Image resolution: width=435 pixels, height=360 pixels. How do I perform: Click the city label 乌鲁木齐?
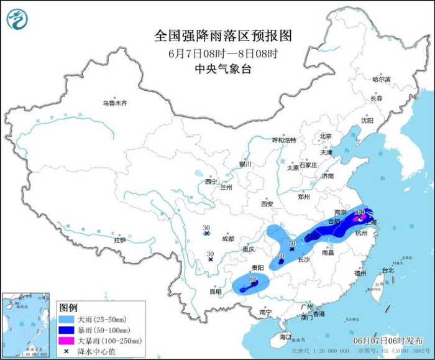(x=115, y=103)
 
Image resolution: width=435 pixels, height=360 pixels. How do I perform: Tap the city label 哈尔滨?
(x=381, y=80)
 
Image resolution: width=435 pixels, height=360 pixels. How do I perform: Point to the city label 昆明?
(x=215, y=291)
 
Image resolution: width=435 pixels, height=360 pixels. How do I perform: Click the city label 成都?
(x=227, y=238)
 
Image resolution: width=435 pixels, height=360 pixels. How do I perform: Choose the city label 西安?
(x=267, y=203)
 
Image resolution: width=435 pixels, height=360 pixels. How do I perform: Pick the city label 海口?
(x=285, y=336)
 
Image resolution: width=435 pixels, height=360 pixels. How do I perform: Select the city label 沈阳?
(x=367, y=121)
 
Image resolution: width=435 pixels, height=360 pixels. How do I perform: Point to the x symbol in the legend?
(x=66, y=351)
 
